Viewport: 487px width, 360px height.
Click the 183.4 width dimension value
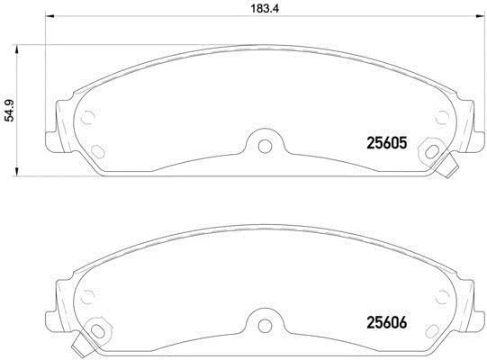[x=265, y=8]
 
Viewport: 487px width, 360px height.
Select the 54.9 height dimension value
[x=10, y=111]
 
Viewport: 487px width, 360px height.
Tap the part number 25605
[x=387, y=143]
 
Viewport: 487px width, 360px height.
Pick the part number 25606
[x=387, y=323]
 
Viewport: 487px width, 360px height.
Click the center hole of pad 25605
[x=265, y=147]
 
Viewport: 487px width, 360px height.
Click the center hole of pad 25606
[x=265, y=326]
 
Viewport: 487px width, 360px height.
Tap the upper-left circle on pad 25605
[x=87, y=117]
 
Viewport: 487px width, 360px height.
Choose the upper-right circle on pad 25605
[x=442, y=117]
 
